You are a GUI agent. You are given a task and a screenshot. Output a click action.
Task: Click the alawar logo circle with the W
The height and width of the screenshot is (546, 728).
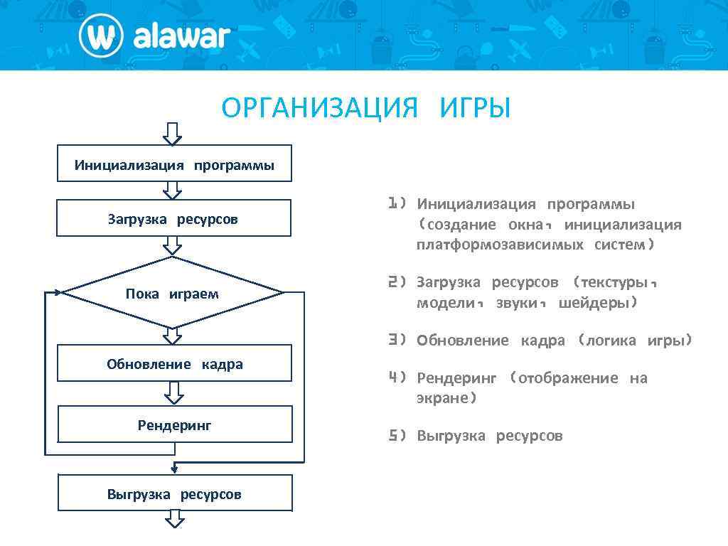coord(102,36)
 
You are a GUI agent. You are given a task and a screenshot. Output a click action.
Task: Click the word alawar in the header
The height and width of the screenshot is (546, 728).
coord(182,36)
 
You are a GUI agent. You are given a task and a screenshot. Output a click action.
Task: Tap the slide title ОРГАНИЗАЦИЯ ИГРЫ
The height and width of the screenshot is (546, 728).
coord(366,109)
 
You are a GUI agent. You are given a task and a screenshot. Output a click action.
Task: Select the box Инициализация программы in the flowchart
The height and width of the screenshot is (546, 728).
coord(174,164)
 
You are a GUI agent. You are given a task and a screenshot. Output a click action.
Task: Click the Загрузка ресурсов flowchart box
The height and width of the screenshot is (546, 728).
coord(173,218)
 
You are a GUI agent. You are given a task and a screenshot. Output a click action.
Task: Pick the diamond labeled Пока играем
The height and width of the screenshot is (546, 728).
coord(173,293)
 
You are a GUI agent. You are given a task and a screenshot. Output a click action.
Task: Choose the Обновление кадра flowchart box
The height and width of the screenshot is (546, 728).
coord(174,363)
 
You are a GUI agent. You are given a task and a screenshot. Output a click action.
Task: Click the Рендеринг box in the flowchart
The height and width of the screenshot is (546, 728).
coord(174,424)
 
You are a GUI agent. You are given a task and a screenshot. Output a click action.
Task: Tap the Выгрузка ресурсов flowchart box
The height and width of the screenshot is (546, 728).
coord(174,493)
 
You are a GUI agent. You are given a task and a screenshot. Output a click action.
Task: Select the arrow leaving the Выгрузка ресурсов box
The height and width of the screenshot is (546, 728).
coord(175,520)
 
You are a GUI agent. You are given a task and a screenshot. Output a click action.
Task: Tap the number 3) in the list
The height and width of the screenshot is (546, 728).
coord(397,340)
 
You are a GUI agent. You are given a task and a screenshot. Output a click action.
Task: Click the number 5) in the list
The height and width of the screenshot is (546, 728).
coord(397,435)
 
